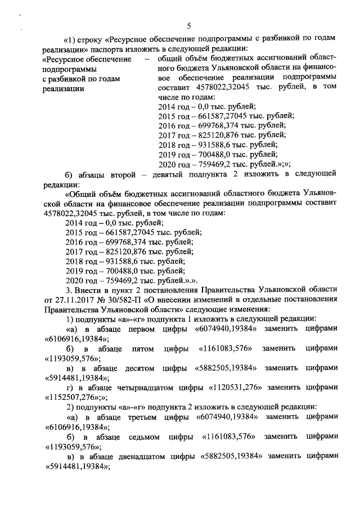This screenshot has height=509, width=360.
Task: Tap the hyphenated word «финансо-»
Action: click(318, 67)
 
